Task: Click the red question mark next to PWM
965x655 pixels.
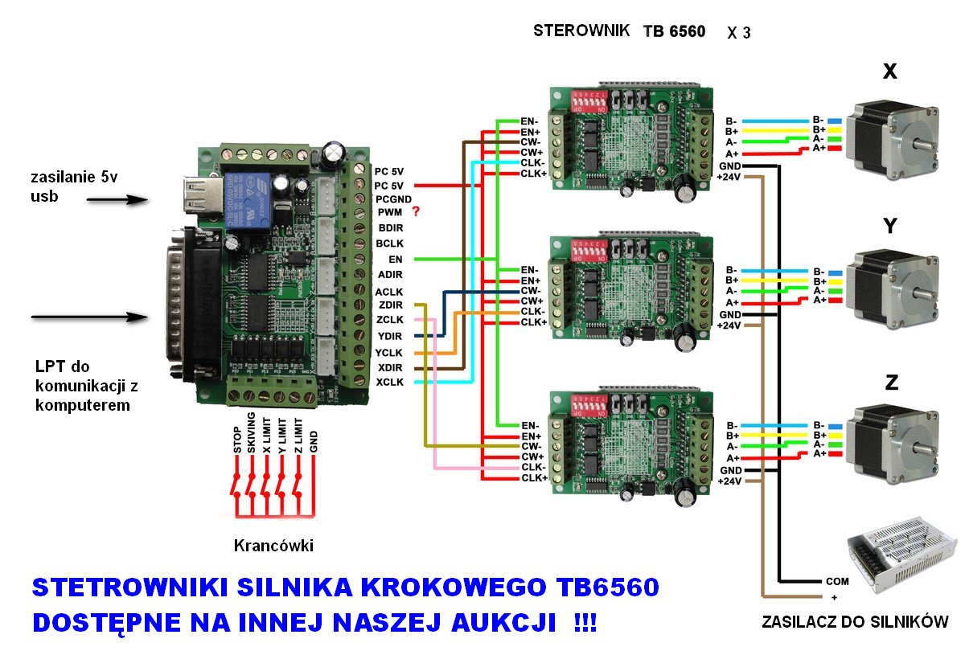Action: pyautogui.click(x=416, y=212)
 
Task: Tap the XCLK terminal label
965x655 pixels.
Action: pyautogui.click(x=389, y=382)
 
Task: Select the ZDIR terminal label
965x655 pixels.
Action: pyautogui.click(x=389, y=305)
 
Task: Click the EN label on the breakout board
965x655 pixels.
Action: pyautogui.click(x=395, y=260)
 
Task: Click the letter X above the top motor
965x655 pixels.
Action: pyautogui.click(x=889, y=72)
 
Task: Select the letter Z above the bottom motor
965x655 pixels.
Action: pyautogui.click(x=891, y=383)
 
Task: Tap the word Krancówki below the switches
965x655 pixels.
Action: pyautogui.click(x=273, y=546)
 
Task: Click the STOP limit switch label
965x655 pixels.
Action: pyautogui.click(x=237, y=441)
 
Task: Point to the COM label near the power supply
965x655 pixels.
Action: pyautogui.click(x=836, y=581)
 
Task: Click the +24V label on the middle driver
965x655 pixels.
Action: pyautogui.click(x=728, y=325)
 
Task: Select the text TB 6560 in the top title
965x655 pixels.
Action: pyautogui.click(x=674, y=32)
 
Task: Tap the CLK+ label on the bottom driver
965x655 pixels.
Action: pyautogui.click(x=534, y=477)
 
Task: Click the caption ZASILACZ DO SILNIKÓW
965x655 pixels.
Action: pyautogui.click(x=854, y=621)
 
